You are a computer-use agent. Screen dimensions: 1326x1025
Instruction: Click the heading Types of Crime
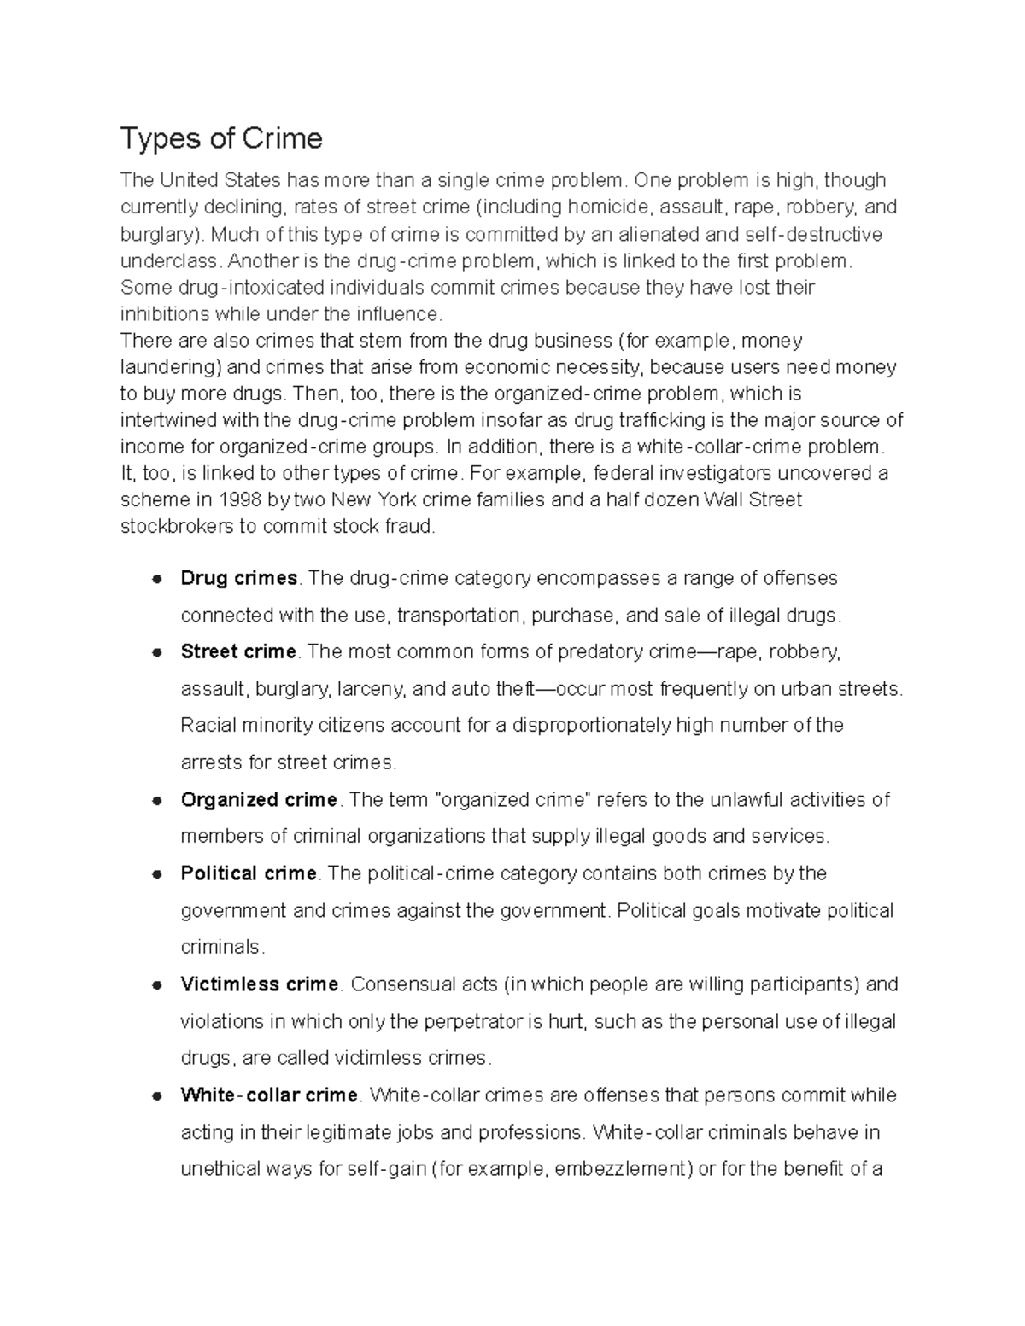coord(221,138)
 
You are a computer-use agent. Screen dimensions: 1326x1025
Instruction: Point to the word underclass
coord(169,260)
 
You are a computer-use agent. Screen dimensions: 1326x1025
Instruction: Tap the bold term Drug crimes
coord(238,578)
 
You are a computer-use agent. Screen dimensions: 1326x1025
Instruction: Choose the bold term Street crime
coord(238,651)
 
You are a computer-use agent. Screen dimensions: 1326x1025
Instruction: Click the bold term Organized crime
coord(259,800)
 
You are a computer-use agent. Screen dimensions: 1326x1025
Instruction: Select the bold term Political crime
coord(249,873)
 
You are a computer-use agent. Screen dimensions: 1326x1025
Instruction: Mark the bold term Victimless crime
coord(260,984)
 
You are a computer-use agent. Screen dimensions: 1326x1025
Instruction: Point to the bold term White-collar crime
coord(269,1095)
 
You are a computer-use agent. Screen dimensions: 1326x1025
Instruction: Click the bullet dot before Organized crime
coord(156,801)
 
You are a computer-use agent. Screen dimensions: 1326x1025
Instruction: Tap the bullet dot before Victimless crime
coord(156,985)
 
